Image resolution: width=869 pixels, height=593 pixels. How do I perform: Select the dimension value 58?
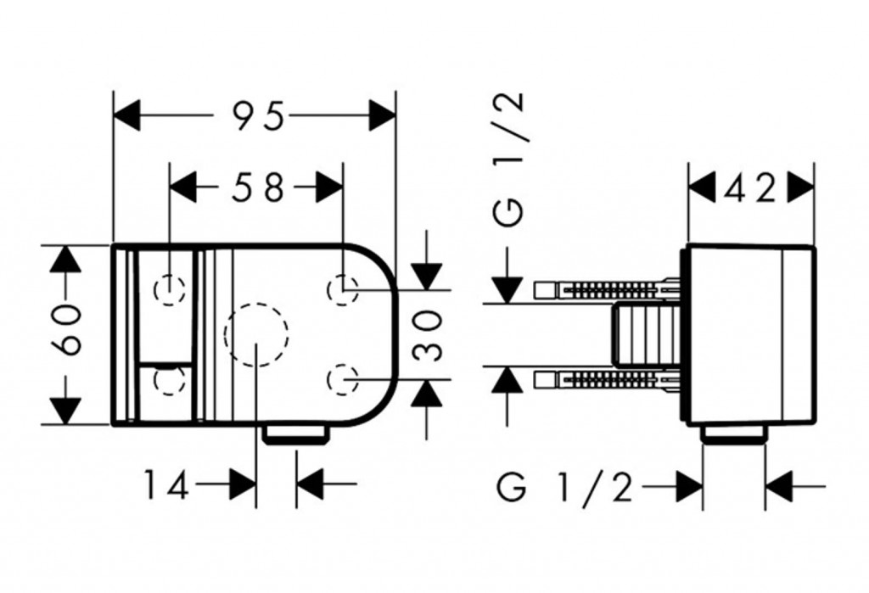tap(258, 188)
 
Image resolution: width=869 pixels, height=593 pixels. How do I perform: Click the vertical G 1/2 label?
tap(510, 161)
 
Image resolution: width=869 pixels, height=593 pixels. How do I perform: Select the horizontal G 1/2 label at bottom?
tap(564, 488)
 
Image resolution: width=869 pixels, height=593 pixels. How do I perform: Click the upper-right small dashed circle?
tap(342, 289)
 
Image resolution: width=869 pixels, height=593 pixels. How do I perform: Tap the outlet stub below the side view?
tap(734, 434)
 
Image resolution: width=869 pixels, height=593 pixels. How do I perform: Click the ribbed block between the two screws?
tap(645, 334)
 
